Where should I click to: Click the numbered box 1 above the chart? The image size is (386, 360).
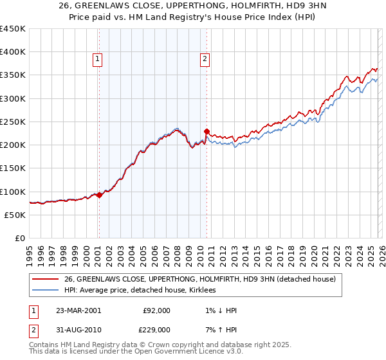tap(97, 60)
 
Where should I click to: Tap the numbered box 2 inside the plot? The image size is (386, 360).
tap(205, 60)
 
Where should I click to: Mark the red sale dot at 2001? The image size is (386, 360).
tap(100, 195)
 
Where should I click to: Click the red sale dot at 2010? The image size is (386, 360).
tap(207, 131)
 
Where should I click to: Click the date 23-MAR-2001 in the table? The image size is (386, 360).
tap(78, 310)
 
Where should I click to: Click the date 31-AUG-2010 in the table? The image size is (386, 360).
tap(78, 330)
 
